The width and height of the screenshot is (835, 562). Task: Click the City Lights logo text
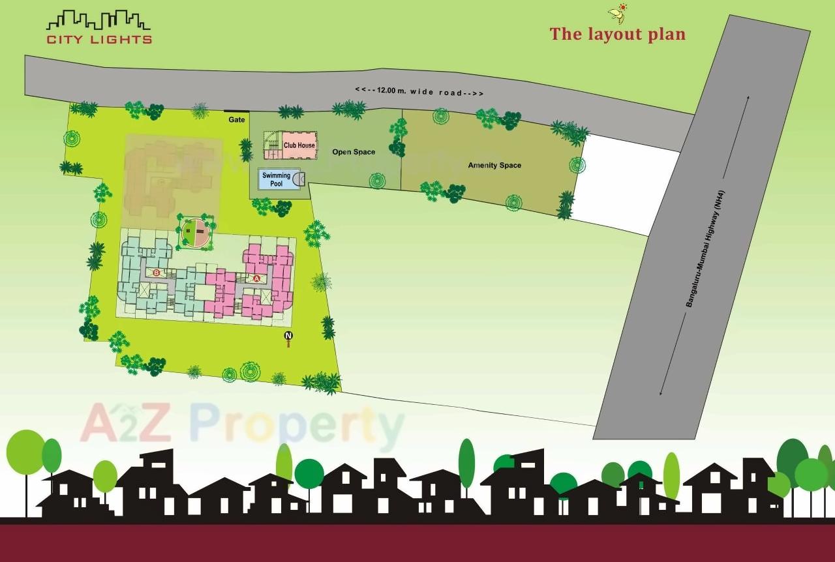pos(99,39)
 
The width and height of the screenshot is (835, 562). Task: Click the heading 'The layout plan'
pos(617,34)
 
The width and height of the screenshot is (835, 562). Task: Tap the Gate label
pos(236,120)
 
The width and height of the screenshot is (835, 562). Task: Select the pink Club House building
pos(299,145)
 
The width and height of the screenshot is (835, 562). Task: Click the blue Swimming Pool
pos(277,179)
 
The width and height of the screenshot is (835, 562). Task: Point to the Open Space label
pos(354,152)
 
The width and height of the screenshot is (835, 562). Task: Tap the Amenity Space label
pos(494,166)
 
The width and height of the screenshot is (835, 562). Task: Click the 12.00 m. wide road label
pos(419,92)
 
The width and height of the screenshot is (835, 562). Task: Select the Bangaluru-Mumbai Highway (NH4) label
pos(703,244)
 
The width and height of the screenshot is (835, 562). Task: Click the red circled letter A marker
pos(256,278)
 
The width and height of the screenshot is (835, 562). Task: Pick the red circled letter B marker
pos(156,273)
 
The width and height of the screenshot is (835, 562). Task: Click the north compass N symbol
pos(288,336)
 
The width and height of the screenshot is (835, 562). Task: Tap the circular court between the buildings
pos(196,233)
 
